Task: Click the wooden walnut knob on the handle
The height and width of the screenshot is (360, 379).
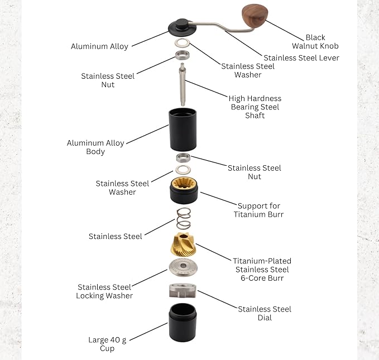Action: coord(255,16)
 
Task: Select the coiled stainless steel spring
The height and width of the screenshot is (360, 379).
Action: coord(183,218)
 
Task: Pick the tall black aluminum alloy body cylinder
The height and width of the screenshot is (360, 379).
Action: coord(183,129)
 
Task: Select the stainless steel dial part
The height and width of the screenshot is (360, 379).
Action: coord(183,291)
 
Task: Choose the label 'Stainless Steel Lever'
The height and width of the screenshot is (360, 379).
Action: coord(301,57)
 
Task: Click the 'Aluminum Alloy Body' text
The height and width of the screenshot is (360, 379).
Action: coord(95,147)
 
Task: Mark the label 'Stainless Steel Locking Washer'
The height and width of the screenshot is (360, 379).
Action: coord(105,291)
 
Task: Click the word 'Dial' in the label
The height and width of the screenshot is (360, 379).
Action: coord(265,318)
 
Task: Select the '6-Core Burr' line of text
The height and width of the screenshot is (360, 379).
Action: coord(262,278)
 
